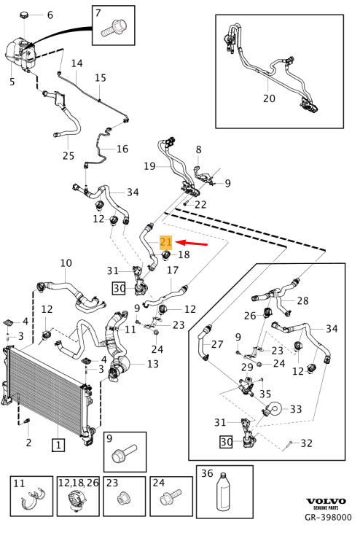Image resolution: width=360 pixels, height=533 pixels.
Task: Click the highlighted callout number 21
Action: [166, 242]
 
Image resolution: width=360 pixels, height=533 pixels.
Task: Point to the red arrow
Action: [192, 243]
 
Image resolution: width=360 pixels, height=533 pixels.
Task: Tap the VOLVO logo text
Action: [326, 502]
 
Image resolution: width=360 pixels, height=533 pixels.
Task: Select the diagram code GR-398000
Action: [328, 518]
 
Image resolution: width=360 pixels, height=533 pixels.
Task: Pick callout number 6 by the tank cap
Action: [50, 15]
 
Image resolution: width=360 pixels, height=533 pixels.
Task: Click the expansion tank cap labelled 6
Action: [25, 15]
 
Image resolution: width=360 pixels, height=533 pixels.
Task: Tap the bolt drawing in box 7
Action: [114, 28]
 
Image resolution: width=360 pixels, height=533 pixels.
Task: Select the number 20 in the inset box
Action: [269, 98]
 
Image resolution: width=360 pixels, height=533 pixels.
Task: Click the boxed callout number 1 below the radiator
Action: [58, 445]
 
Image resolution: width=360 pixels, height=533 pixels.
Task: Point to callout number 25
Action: [69, 156]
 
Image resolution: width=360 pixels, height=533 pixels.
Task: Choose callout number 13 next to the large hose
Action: [153, 364]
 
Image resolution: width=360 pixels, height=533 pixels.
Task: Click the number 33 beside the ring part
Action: [296, 409]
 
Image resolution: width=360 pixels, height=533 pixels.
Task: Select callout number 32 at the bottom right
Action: [306, 443]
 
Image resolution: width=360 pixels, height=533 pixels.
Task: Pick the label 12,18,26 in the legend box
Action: [78, 483]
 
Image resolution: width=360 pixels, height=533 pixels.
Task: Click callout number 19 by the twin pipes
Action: [150, 166]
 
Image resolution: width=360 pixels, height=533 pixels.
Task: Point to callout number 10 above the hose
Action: [66, 263]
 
